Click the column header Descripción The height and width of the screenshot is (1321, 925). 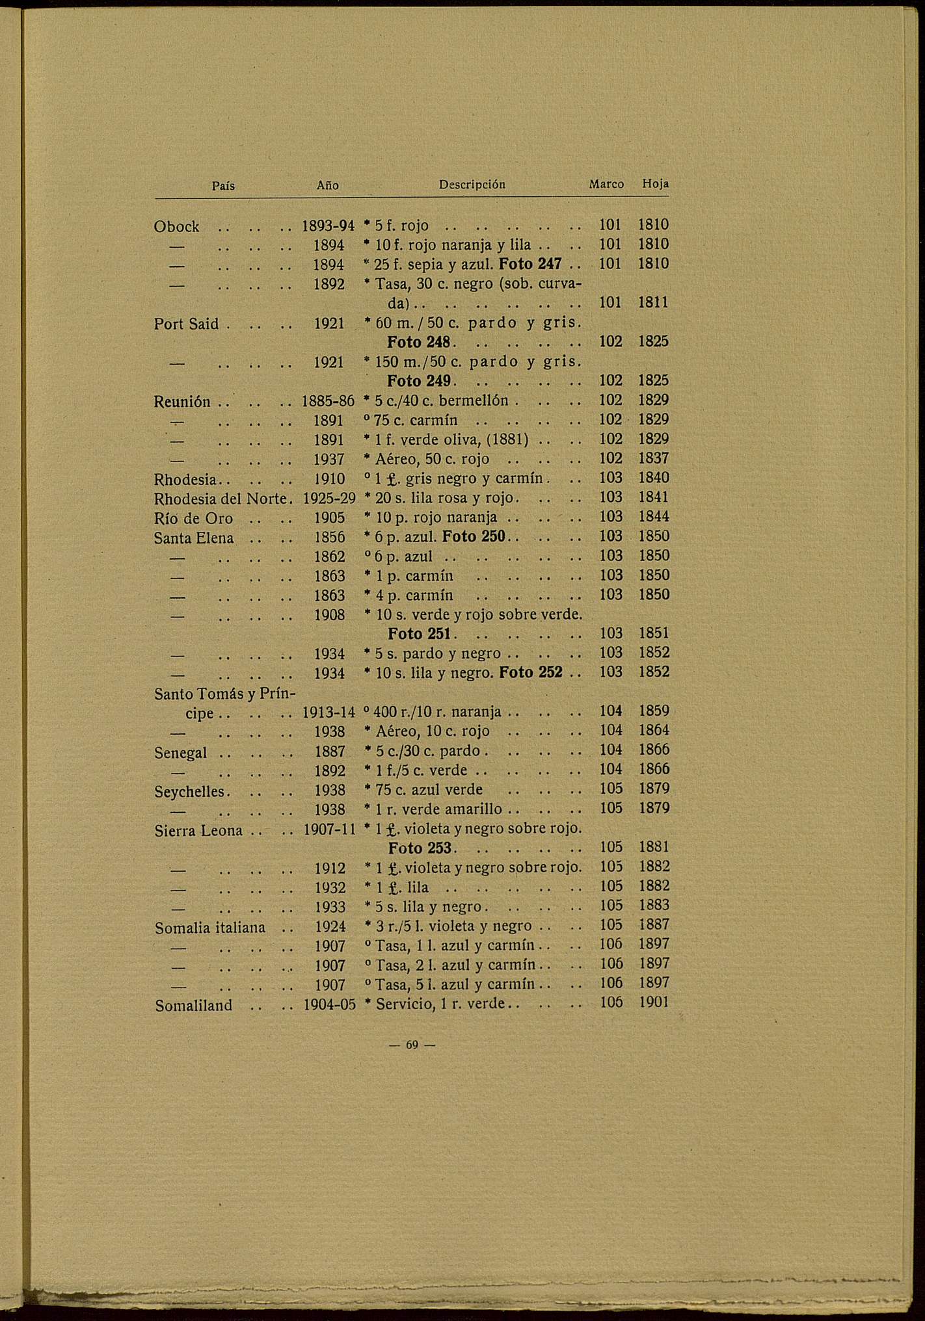pos(472,185)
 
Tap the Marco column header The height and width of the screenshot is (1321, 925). pos(606,185)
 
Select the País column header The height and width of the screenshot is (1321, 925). pos(224,186)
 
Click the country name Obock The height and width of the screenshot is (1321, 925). pos(176,227)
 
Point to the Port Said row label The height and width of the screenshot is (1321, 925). pos(187,324)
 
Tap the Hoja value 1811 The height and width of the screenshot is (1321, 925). pos(653,303)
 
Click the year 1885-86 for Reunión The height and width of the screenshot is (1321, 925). pos(328,401)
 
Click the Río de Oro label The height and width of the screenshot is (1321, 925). pos(193,518)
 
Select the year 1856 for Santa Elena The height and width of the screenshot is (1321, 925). pos(329,537)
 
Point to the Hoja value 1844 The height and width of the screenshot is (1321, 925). pos(653,517)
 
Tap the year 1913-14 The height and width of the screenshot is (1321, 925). pos(328,713)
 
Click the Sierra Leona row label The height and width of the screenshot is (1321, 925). pos(198,831)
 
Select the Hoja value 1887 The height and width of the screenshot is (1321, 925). pos(654,925)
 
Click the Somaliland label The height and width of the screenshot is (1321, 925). pos(194,1006)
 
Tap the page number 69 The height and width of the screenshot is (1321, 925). pos(411,1045)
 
